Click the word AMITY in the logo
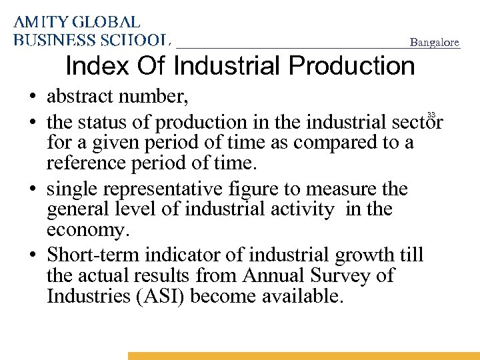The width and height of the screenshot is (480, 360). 40,22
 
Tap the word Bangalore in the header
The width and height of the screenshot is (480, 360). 434,43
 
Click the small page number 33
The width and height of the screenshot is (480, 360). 431,114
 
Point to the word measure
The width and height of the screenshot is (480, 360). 341,189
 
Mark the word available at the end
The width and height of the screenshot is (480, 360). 300,296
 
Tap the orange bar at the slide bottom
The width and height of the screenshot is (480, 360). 303,356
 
